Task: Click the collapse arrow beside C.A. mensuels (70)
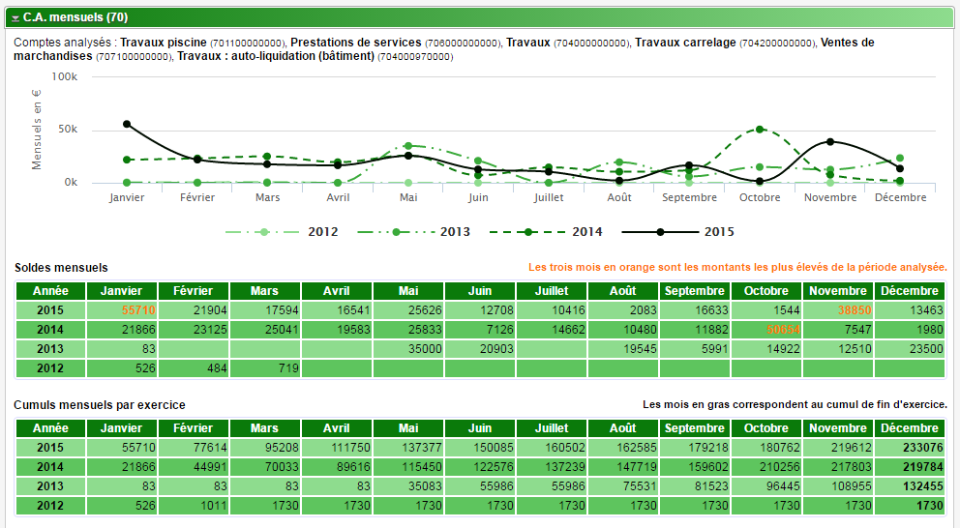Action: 15,17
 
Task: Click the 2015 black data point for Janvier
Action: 127,124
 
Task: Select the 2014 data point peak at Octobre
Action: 760,129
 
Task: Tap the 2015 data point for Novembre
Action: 830,142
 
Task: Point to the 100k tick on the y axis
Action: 64,76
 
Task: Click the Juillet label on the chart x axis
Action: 549,197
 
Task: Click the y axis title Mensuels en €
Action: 37,130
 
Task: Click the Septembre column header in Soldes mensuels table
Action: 694,291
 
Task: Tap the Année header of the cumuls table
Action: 50,428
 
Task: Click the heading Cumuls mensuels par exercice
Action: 100,405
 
